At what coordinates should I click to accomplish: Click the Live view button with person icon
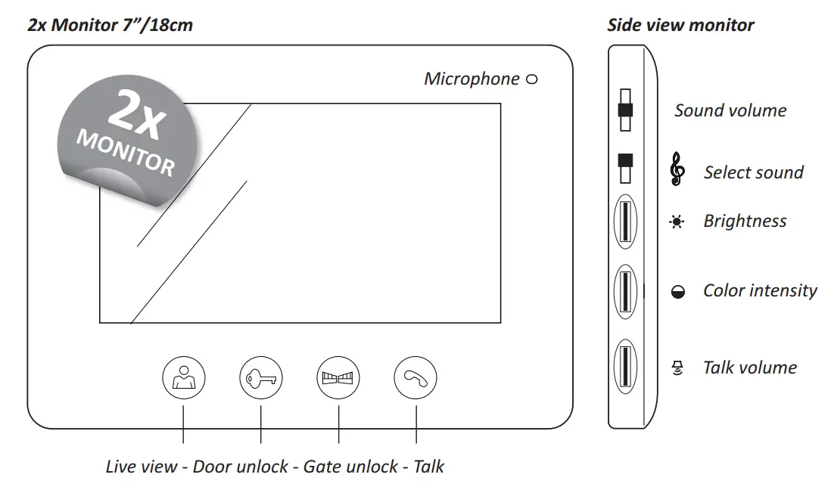184,377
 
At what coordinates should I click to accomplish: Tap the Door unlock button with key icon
261,377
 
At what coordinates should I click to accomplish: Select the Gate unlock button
338,377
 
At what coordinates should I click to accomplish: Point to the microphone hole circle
531,79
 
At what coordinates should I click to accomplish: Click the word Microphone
472,79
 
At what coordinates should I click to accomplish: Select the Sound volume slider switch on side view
625,110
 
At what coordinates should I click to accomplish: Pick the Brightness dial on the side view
625,222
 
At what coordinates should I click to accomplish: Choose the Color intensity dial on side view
625,290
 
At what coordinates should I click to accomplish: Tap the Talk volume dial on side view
625,367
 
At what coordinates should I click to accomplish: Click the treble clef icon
677,170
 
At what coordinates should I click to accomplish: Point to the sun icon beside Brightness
677,222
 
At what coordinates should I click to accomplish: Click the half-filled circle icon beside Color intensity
678,292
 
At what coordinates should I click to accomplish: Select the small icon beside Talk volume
678,368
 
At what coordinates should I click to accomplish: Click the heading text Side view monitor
680,25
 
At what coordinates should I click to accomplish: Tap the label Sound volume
730,110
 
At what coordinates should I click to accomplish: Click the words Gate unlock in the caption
350,467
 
